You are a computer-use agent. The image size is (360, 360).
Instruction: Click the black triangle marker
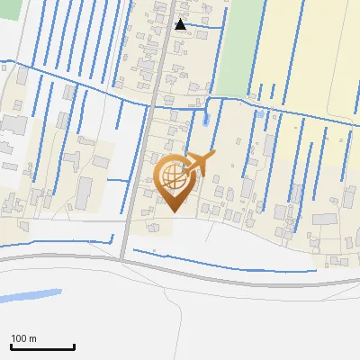coord(181,24)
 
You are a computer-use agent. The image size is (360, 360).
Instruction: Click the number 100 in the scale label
coord(19,338)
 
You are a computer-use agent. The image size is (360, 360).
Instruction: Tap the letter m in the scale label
coord(31,338)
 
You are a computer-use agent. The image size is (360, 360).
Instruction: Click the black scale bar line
coord(42,347)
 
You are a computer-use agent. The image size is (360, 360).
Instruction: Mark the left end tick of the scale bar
coord(11,346)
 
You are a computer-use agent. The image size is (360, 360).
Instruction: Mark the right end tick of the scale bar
coord(74,346)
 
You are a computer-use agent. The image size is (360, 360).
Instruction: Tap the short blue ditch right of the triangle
coord(207,26)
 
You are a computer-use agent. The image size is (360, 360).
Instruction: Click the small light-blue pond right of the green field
coord(260,114)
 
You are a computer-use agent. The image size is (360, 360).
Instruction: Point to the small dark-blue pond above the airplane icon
coord(207,118)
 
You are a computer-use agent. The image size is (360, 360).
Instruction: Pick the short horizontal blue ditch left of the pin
coord(117,180)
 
